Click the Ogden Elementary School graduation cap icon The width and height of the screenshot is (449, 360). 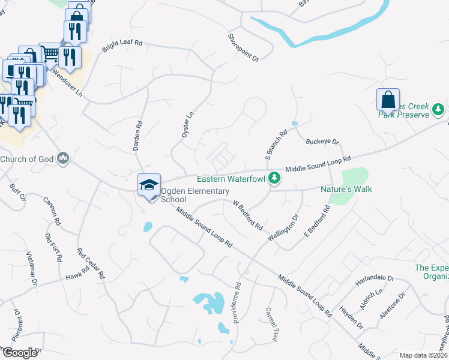pos(149,184)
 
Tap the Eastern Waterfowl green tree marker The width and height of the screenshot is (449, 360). pos(274,178)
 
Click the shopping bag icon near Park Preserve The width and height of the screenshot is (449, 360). pos(388,100)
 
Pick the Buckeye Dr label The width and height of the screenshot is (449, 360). pos(322,142)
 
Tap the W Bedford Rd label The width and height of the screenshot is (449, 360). pos(248,216)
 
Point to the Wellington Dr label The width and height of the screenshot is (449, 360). pos(283,227)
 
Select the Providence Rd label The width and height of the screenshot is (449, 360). pos(237,300)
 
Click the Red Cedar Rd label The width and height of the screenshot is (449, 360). pos(91,264)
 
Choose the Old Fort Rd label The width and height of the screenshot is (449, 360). pos(53,248)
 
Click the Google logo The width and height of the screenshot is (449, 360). pos(19,353)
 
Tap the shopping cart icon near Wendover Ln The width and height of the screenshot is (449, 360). pos(50,54)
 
